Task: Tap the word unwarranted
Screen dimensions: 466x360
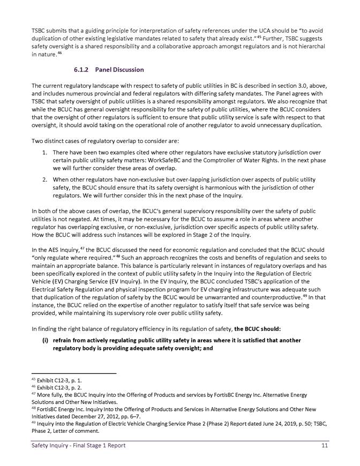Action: [213, 296]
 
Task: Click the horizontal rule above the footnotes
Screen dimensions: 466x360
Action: [74, 373]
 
